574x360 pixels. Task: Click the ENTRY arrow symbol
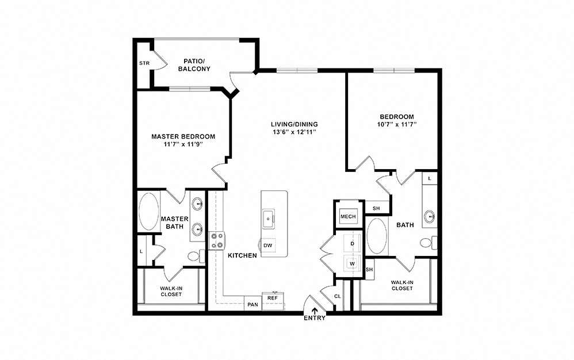(x=315, y=311)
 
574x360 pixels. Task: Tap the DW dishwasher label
(x=268, y=246)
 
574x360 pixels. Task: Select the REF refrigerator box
(x=273, y=301)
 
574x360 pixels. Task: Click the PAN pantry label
(x=252, y=304)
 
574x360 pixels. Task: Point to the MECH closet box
(x=348, y=216)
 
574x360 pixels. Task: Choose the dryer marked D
(x=353, y=243)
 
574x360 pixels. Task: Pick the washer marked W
(x=353, y=263)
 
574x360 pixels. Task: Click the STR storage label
(x=144, y=63)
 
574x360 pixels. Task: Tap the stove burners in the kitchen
(x=217, y=241)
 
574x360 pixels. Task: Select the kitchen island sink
(x=269, y=219)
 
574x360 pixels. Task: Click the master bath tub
(x=149, y=212)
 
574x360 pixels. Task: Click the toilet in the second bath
(x=428, y=243)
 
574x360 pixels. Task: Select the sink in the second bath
(x=430, y=216)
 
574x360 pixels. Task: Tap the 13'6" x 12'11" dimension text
(x=294, y=132)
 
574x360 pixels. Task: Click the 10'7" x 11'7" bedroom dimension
(x=397, y=124)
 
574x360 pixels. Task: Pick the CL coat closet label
(x=338, y=296)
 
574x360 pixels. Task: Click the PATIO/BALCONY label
(x=194, y=65)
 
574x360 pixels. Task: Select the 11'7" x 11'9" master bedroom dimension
(x=183, y=144)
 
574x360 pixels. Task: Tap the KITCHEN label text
(x=242, y=255)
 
